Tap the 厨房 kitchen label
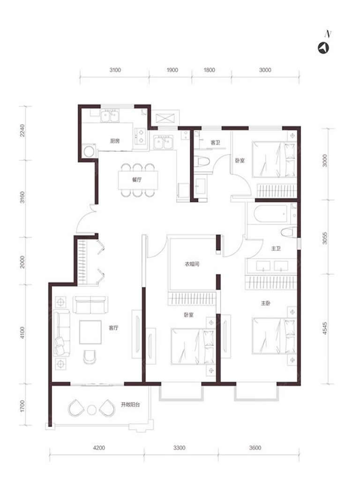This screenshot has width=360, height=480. pos(115,141)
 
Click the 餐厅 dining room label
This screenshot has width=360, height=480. pos(137,180)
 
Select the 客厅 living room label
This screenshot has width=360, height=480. pos(113,328)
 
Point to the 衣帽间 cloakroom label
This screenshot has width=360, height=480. pos(192,263)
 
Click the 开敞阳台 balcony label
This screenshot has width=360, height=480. pos(130,405)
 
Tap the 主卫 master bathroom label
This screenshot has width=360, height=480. pos(276,248)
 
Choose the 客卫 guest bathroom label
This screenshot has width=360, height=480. pos(215,142)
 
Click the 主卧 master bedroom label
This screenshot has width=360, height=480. pos(266,303)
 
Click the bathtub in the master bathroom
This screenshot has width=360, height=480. pos(270,213)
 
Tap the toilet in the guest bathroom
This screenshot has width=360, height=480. pos(202,161)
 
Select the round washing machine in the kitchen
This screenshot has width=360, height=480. pos(90,151)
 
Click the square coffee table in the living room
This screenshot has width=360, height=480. pos(90,332)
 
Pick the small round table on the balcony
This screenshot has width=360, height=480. pos(92,410)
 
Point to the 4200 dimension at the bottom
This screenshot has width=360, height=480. pos(99,448)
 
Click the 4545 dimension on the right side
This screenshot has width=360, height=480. pos(325,328)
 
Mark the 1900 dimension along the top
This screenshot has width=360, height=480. pos(172,70)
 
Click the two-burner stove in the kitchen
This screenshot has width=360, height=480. pos(141,136)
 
